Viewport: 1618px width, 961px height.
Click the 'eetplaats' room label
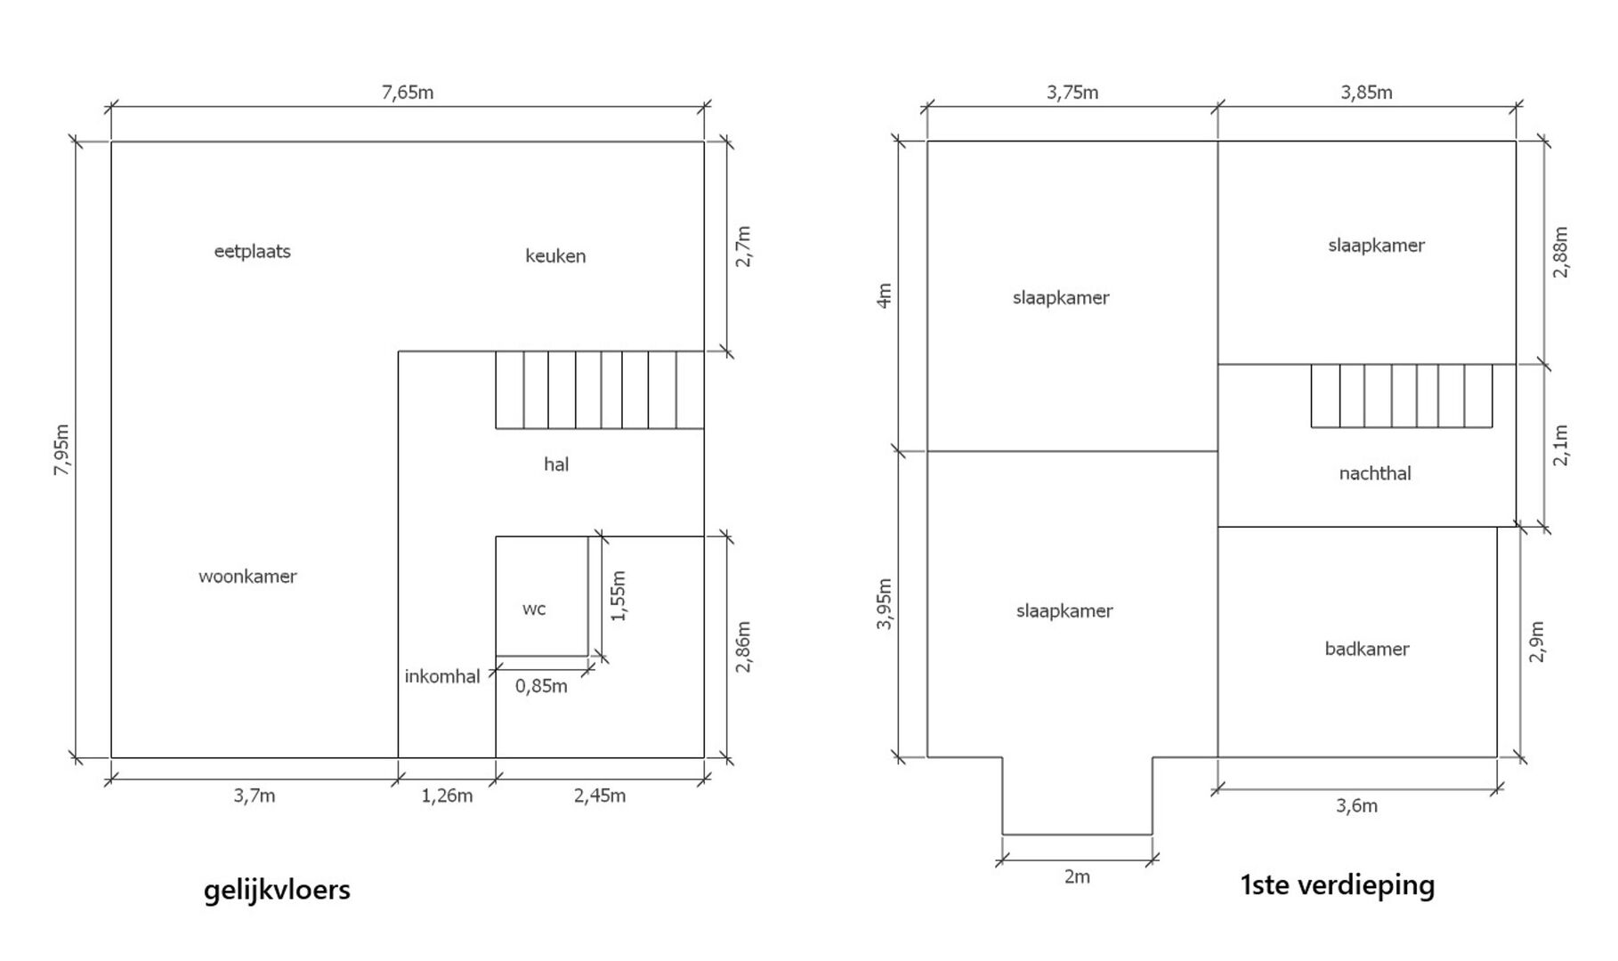253,252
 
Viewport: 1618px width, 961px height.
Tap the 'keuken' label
555,256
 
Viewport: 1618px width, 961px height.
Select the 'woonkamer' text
247,576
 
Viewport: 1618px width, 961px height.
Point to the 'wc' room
534,609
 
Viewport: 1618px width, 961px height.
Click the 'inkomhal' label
442,676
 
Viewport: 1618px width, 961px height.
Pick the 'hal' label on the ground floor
556,464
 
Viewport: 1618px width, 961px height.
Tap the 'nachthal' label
1375,473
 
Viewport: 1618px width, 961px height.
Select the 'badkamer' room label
1367,649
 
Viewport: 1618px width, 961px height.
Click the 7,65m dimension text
408,93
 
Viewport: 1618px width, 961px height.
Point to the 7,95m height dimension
61,449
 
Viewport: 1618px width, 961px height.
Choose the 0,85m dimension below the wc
541,686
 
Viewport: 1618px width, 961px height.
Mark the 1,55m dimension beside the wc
619,595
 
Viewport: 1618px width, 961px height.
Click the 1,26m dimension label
447,795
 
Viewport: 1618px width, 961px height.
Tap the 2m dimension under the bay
1077,876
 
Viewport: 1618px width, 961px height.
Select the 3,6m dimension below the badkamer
1356,806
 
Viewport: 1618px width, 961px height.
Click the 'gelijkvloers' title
277,890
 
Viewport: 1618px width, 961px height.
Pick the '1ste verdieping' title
1338,885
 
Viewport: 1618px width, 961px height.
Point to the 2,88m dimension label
1561,253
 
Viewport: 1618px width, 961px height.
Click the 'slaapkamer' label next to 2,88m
1376,246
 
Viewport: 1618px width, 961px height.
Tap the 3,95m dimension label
884,604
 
